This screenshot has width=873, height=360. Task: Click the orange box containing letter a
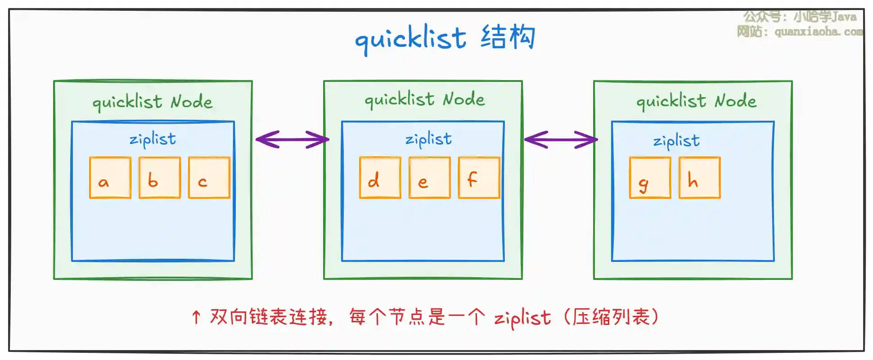[110, 178]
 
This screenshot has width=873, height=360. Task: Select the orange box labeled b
[160, 178]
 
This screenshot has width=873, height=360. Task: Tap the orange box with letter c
[209, 178]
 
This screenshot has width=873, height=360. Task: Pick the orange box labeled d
[380, 178]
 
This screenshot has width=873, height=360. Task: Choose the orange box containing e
[430, 178]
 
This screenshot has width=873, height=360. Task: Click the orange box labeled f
[479, 178]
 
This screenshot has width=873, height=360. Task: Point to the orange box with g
[650, 178]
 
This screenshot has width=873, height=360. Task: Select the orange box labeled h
[700, 178]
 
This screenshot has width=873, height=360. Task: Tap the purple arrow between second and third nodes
[561, 139]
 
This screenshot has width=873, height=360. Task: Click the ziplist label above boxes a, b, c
[153, 139]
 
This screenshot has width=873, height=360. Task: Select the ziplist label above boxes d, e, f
[428, 139]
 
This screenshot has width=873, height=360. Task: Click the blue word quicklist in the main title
[410, 39]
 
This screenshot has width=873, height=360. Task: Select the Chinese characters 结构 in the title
[508, 37]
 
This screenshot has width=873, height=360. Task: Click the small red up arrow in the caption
[196, 317]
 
